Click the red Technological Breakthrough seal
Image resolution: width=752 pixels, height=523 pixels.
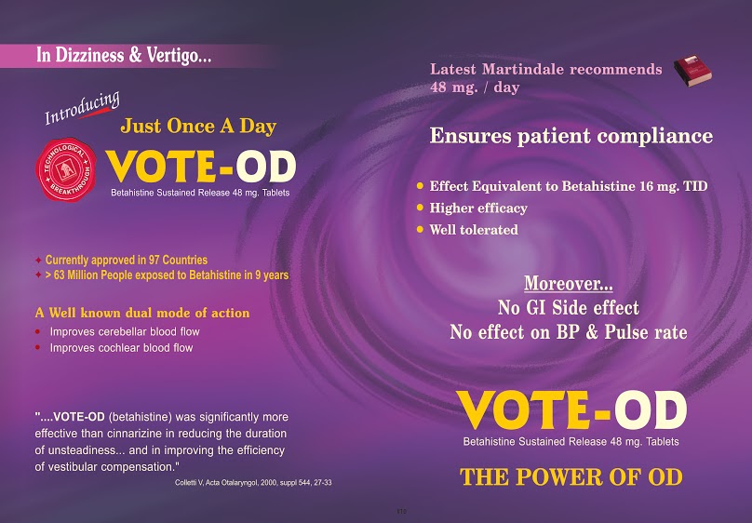pos(66,169)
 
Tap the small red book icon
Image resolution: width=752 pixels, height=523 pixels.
pos(692,71)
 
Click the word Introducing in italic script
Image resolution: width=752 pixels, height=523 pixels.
pos(82,108)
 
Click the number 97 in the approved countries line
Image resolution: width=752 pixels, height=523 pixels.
pos(154,260)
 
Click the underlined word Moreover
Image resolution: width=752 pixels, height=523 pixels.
pos(569,283)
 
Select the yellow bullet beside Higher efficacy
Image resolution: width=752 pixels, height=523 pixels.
pos(420,208)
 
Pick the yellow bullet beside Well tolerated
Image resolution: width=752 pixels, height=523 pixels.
pos(420,230)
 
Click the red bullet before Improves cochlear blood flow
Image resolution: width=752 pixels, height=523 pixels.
pos(38,347)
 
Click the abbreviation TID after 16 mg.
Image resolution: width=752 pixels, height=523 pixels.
pos(695,186)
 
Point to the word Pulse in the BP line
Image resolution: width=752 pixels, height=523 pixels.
pos(627,332)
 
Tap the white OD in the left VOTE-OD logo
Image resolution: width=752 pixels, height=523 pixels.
pos(265,167)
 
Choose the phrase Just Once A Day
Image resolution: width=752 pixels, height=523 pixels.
pos(198,126)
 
